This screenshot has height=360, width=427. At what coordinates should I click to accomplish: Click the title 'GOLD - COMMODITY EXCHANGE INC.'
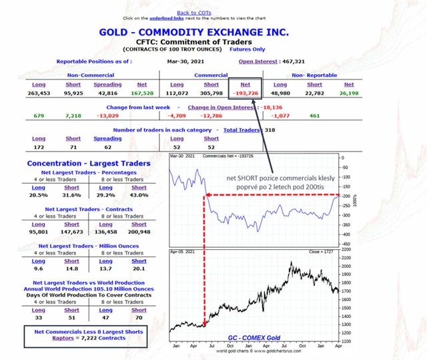point(193,31)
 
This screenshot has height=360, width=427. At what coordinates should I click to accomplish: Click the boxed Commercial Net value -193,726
point(245,94)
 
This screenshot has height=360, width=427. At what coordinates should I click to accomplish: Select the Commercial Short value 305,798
point(211,94)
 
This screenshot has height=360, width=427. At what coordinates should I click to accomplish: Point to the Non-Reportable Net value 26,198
point(349,94)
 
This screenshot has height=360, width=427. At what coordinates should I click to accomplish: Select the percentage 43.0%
point(139,196)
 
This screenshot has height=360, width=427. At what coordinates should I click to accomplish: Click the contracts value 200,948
point(139,232)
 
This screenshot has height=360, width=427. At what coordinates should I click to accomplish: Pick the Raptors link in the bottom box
point(55,339)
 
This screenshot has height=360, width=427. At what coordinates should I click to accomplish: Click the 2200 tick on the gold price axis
point(346,249)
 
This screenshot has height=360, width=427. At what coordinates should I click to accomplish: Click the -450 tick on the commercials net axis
point(346,244)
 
